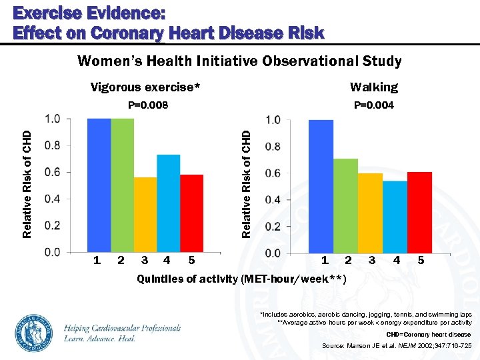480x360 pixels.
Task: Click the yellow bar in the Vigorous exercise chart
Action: point(145,215)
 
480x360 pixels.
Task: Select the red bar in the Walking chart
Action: point(419,213)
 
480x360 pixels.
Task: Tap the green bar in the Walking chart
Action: point(345,206)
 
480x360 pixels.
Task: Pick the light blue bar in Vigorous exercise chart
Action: point(169,203)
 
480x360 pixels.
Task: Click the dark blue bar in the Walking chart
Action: point(321,187)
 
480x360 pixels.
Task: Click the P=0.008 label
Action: point(148,105)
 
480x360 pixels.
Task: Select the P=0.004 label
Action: point(373,105)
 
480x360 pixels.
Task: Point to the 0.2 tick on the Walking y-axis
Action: point(273,227)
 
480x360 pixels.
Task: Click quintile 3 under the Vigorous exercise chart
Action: point(145,260)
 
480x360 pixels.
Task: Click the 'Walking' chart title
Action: point(374,87)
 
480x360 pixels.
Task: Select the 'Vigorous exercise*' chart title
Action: point(145,87)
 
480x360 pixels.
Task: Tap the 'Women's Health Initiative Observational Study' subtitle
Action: point(239,62)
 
